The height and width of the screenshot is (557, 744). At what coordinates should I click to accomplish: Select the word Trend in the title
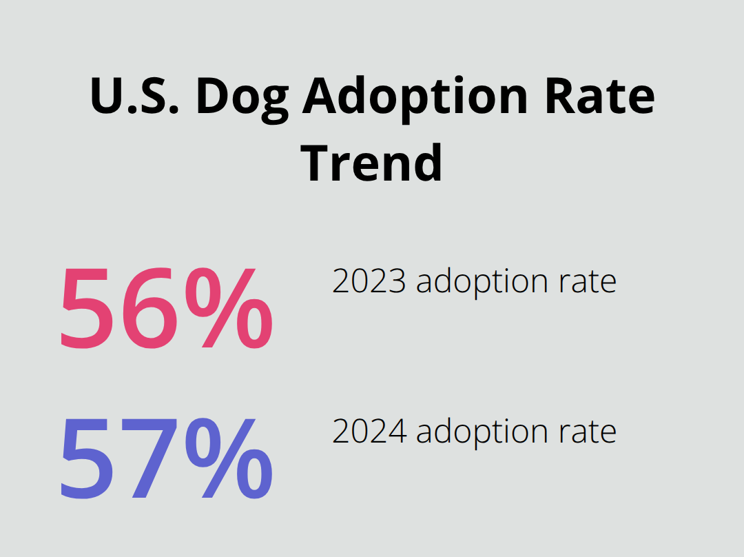[x=372, y=163]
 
